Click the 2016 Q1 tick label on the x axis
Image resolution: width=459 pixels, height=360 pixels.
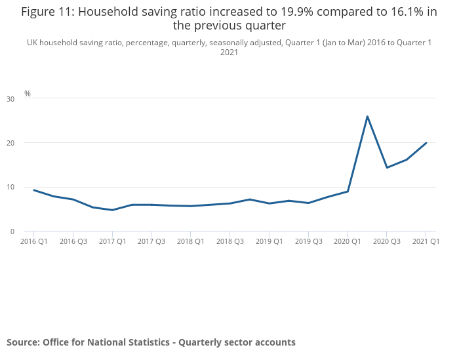click(x=34, y=242)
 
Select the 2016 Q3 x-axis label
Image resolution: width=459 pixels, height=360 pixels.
click(x=73, y=242)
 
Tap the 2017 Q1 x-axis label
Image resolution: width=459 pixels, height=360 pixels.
click(x=112, y=242)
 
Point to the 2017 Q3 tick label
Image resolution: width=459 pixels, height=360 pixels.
click(x=151, y=242)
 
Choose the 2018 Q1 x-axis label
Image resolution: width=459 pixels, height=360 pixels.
click(x=191, y=242)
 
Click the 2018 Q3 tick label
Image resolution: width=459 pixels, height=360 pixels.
click(x=229, y=242)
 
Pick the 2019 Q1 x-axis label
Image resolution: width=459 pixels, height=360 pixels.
click(x=269, y=242)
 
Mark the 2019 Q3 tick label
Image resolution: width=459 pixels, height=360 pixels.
click(x=308, y=242)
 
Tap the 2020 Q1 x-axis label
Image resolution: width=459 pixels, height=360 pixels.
click(x=348, y=242)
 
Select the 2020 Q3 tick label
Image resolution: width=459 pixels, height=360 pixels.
click(x=386, y=242)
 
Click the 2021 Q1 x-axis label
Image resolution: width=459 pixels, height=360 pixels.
click(x=426, y=242)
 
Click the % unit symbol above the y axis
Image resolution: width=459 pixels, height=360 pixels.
click(x=28, y=94)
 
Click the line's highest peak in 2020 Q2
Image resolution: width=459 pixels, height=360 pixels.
click(x=367, y=116)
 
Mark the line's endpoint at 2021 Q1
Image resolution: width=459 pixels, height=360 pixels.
click(x=426, y=143)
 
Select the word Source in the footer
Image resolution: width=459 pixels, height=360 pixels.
click(x=23, y=342)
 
